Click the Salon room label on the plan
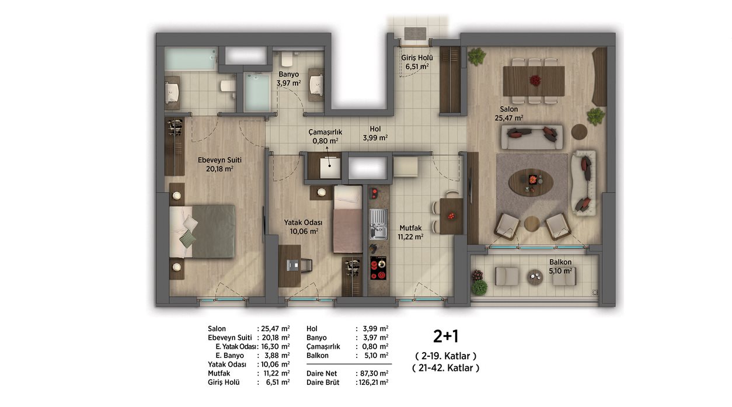pos(508,110)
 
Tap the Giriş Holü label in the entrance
pos(417,58)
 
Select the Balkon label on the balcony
pos(560,262)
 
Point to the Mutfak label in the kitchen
pos(410,228)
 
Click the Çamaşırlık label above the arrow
pos(325,132)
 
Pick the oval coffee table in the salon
pos(531,182)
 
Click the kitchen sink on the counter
pos(378,224)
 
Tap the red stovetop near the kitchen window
pos(378,268)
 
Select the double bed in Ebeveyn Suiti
pos(202,231)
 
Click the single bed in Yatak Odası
pos(348,220)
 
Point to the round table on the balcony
pos(535,277)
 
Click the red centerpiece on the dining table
pos(535,81)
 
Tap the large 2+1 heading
pos(446,336)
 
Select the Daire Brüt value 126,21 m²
pos(373,382)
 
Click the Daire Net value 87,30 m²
pos(373,373)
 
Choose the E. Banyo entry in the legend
pos(229,356)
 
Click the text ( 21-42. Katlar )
pos(446,368)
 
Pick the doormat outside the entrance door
pos(416,34)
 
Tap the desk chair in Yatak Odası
pos(306,265)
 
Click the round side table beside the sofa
pos(579,132)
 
